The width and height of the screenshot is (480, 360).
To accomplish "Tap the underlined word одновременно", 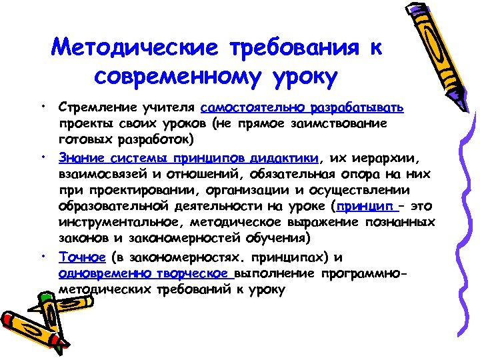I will coord(101,273).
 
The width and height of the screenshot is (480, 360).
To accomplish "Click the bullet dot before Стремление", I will coord(42,106).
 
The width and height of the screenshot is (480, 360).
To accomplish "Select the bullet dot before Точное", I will coord(42,255).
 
